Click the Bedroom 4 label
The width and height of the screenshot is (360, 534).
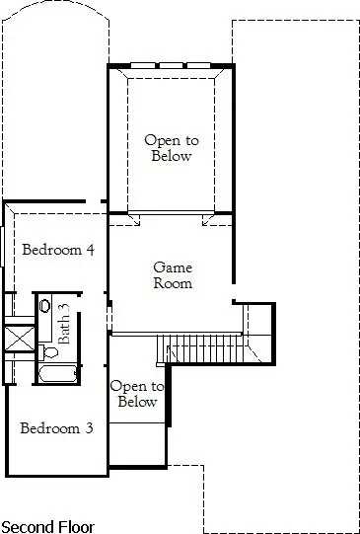click(58, 250)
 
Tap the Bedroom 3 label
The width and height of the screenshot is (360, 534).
click(56, 428)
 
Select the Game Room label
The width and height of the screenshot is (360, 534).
click(173, 275)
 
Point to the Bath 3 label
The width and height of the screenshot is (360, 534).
click(64, 323)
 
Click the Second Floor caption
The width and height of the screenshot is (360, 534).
click(47, 526)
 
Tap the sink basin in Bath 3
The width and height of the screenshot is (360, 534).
click(45, 305)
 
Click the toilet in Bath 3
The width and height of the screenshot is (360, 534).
click(48, 352)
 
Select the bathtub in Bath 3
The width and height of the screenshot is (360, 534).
click(57, 374)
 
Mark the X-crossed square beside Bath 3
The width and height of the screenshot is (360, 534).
click(20, 339)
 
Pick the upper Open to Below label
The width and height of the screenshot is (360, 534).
click(172, 148)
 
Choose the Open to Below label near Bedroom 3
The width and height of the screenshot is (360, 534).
click(137, 394)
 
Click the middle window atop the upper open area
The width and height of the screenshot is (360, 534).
click(171, 65)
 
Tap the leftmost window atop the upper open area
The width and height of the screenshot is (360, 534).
click(143, 65)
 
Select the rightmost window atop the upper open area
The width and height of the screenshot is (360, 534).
click(198, 65)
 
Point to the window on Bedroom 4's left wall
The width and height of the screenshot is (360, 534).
click(2, 247)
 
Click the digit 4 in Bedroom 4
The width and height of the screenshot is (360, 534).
click(90, 250)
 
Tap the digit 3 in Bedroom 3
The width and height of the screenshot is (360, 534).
click(89, 428)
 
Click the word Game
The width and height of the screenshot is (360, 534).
click(173, 267)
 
